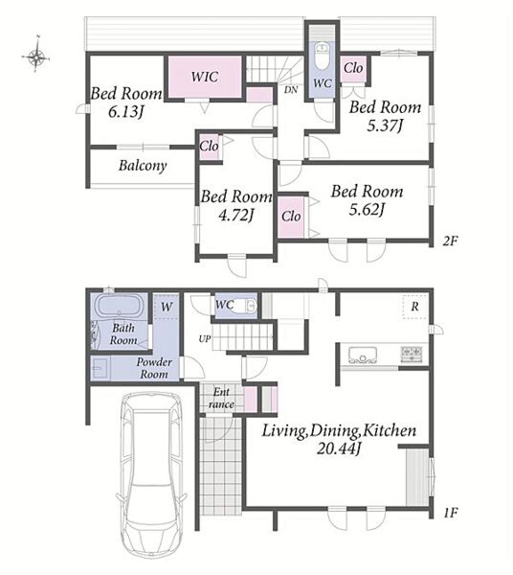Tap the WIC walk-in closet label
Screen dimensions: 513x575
pos(205,77)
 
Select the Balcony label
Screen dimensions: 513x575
pos(143,166)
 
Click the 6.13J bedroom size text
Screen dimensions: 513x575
pos(125,111)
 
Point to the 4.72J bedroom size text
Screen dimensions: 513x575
pos(236,215)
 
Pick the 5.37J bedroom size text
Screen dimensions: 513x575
pos(385,126)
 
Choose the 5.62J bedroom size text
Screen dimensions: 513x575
pos(367,210)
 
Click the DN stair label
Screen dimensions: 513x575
pos(291,89)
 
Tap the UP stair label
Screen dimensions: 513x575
pos(205,339)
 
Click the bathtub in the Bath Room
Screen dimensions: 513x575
pos(119,306)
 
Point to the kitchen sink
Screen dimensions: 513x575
pos(363,355)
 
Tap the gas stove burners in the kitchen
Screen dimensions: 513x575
pos(412,354)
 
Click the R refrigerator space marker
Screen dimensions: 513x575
pos(414,307)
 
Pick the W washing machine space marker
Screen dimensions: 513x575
pos(167,307)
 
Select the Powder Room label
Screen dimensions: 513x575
pos(154,368)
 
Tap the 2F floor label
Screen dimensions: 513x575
pos(450,241)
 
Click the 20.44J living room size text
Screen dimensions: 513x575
pos(339,448)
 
